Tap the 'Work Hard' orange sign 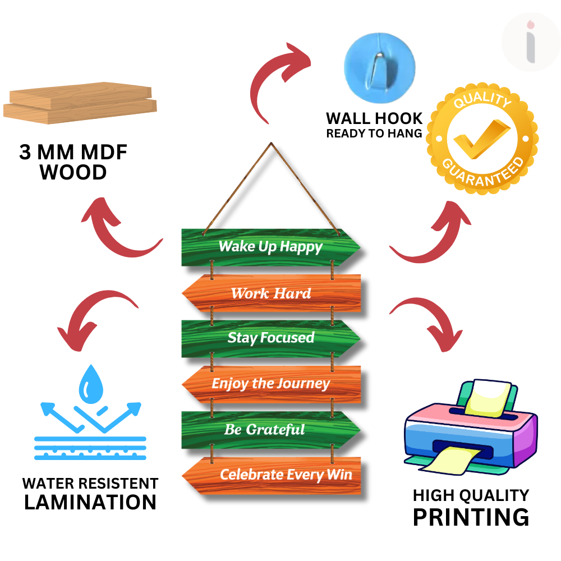point(271,293)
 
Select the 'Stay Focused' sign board point(270,338)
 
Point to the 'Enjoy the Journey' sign point(270,384)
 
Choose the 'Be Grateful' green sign point(270,430)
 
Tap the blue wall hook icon point(379,63)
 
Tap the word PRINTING point(471,517)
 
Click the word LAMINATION point(90,502)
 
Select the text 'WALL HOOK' point(374,118)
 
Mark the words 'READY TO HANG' point(374,134)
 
